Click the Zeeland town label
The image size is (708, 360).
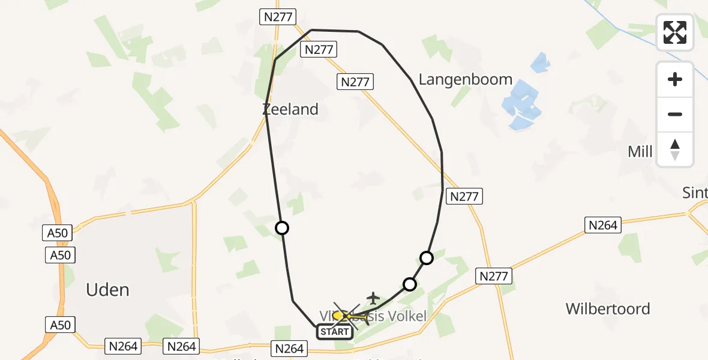click(x=290, y=109)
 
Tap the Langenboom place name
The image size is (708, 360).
click(x=465, y=79)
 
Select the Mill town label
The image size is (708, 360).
click(x=640, y=152)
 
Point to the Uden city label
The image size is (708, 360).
click(x=107, y=290)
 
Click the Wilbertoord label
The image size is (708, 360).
click(x=608, y=309)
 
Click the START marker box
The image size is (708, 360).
click(x=334, y=332)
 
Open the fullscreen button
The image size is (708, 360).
click(x=675, y=32)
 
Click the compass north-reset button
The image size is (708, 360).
click(x=675, y=149)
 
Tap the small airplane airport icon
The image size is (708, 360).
click(x=373, y=298)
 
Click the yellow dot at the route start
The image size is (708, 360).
click(x=338, y=315)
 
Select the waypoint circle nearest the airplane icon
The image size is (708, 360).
click(x=409, y=284)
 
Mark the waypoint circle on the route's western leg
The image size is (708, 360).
click(x=281, y=228)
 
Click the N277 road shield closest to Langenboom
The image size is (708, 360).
click(x=355, y=82)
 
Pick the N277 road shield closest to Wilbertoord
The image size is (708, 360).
click(x=494, y=277)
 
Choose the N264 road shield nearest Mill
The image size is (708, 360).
click(x=602, y=225)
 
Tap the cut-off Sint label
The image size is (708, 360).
click(x=696, y=193)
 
